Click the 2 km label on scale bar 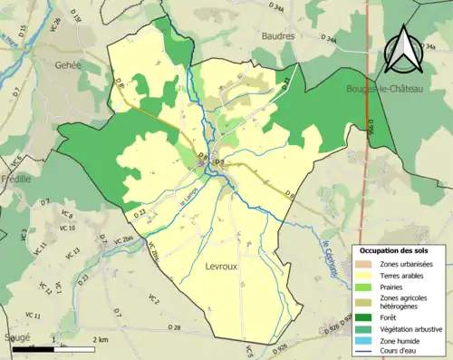click(x=101, y=338)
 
